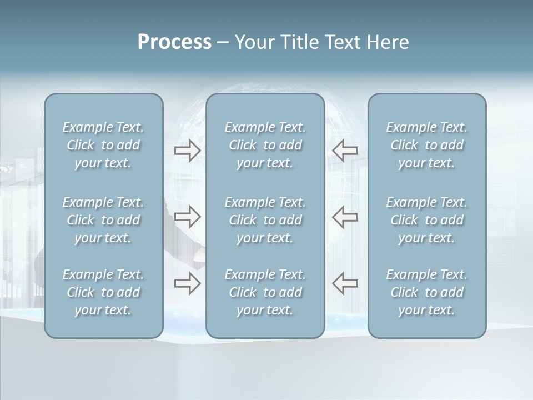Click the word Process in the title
coord(174,42)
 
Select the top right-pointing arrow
coord(188,151)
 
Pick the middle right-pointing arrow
coord(188,217)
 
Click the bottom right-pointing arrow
coord(188,284)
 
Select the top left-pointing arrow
coord(345,151)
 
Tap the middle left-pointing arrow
coord(345,217)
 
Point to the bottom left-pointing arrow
coord(345,284)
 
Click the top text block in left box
coord(103,145)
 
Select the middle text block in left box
coord(103,220)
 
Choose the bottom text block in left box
coord(103,292)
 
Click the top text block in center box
coord(265,145)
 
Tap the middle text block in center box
coord(265,220)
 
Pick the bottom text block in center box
coord(265,292)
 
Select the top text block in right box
coord(427,145)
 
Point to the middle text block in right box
coord(427,220)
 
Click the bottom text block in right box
coord(427,292)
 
